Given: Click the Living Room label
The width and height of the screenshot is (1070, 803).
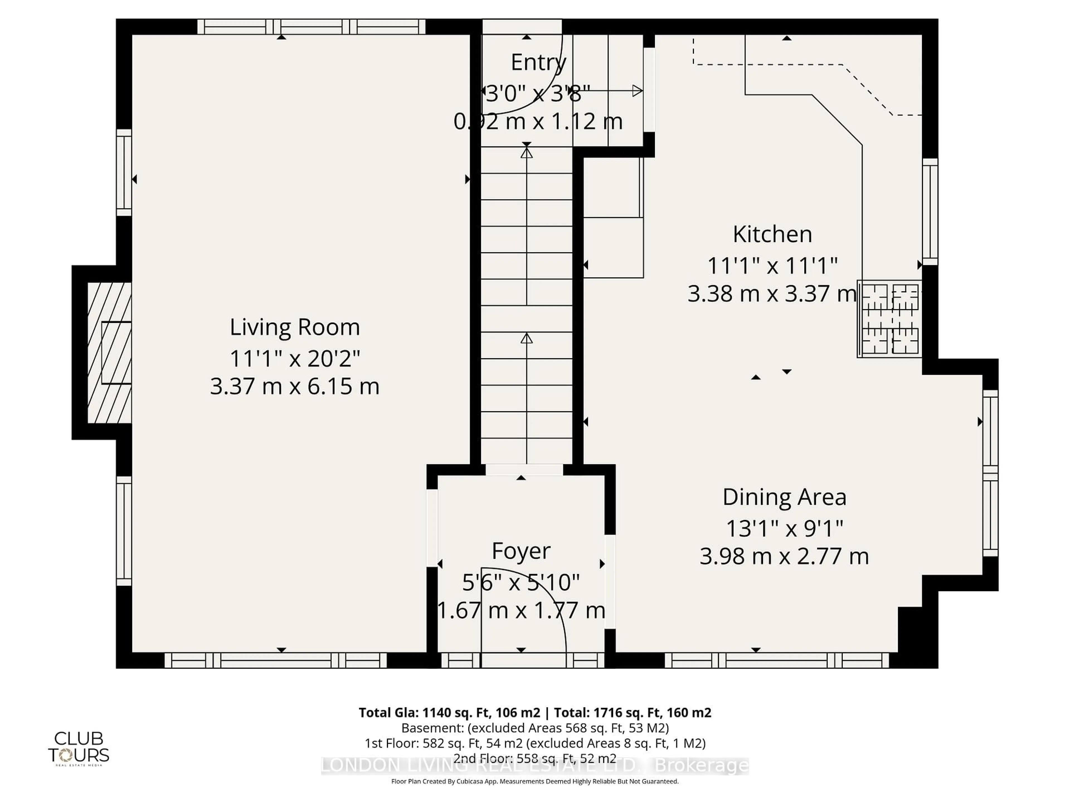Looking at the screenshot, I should tap(295, 328).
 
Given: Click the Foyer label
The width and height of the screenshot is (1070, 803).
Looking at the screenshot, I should tap(521, 551).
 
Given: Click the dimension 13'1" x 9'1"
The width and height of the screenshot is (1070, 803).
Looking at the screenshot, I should tap(784, 529).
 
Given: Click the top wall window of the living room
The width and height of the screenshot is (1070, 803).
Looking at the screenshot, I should tap(311, 26).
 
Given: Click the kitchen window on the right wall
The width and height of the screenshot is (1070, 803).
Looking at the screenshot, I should tap(930, 212).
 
